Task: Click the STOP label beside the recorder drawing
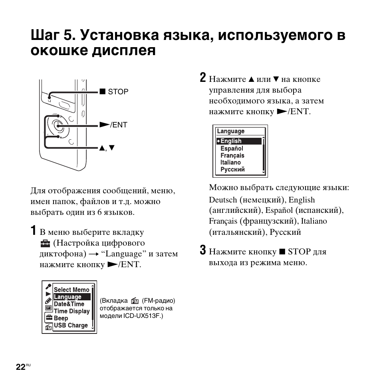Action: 118,92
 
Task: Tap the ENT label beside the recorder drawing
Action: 119,125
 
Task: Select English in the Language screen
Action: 231,141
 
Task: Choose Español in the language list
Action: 232,148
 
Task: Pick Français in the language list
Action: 232,155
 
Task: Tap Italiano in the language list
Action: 230,163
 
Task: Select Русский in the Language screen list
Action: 232,169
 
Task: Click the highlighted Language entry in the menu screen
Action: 67,297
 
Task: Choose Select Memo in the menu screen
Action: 71,290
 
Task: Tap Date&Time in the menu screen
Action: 69,304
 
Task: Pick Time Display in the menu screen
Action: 72,311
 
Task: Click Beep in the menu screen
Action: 61,318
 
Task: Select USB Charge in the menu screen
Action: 71,325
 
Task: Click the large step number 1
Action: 34,231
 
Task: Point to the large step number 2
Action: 203,78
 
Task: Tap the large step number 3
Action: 203,250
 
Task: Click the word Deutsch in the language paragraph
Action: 223,200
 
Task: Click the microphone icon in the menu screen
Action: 48,286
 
